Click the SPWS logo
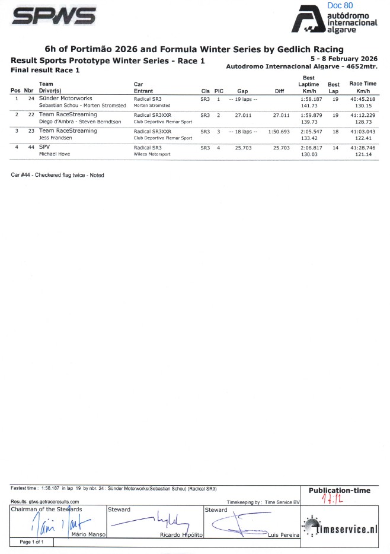pyautogui.click(x=54, y=18)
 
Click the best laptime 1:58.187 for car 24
pyautogui.click(x=310, y=99)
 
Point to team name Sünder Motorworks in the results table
pyautogui.click(x=65, y=99)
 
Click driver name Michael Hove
pyautogui.click(x=55, y=154)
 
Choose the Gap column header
pyautogui.click(x=242, y=91)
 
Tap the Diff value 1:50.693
pyautogui.click(x=279, y=131)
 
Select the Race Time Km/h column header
pyautogui.click(x=363, y=87)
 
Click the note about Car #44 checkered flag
pyautogui.click(x=57, y=175)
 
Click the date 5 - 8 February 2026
pyautogui.click(x=344, y=59)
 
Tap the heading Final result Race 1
pyautogui.click(x=45, y=70)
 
